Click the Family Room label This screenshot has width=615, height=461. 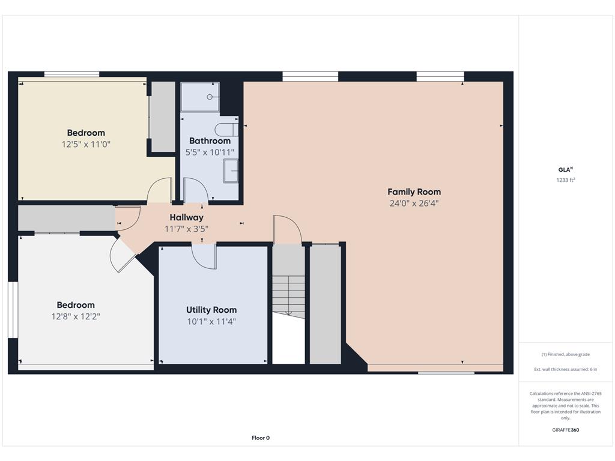(x=414, y=192)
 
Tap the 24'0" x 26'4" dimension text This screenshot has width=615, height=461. (x=414, y=203)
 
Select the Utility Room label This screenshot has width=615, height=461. (x=211, y=310)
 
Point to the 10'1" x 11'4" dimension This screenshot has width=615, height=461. (x=211, y=321)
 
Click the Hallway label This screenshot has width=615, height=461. (x=186, y=217)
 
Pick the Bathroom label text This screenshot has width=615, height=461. (x=210, y=141)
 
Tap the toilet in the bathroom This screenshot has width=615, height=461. (x=226, y=129)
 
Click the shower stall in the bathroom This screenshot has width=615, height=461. (x=200, y=97)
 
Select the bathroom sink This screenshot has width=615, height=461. (x=231, y=171)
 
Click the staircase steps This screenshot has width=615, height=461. (x=289, y=295)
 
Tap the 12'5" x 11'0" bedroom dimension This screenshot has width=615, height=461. (x=86, y=144)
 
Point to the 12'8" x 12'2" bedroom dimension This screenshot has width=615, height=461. (x=76, y=316)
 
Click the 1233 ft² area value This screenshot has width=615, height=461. (x=565, y=179)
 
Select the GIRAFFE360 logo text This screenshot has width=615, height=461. (x=565, y=430)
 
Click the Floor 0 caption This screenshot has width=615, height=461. (x=260, y=438)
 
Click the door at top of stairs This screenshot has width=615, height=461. (x=286, y=230)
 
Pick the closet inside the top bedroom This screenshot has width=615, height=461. (x=162, y=117)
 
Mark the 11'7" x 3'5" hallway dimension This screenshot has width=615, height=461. (x=186, y=229)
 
